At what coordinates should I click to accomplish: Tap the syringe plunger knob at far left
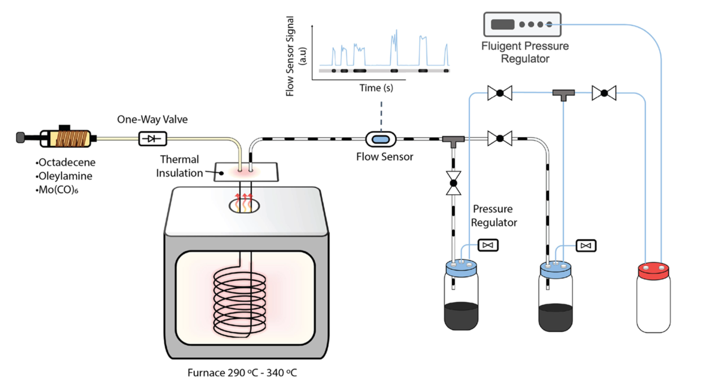click(20, 137)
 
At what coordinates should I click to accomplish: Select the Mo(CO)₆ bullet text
click(58, 190)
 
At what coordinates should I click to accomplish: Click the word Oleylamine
click(65, 176)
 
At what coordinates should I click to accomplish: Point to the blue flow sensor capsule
click(381, 138)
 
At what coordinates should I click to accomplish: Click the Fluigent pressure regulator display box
click(522, 25)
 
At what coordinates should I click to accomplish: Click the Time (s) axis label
click(376, 88)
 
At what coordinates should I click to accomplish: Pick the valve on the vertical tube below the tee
click(453, 183)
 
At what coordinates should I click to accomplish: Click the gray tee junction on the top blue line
click(563, 94)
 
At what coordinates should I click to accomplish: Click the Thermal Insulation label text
click(180, 166)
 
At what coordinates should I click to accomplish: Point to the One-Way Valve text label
click(152, 119)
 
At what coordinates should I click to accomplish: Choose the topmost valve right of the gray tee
click(604, 93)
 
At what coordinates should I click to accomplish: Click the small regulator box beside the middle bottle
click(586, 245)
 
